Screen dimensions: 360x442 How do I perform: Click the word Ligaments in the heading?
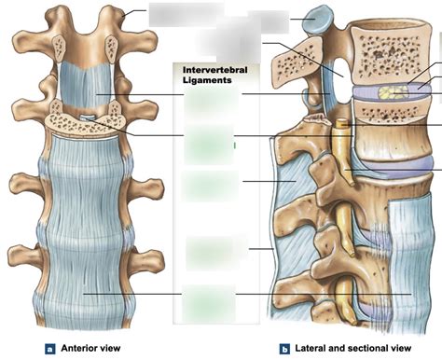click(x=203, y=80)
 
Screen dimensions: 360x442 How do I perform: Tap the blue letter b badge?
click(x=283, y=349)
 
